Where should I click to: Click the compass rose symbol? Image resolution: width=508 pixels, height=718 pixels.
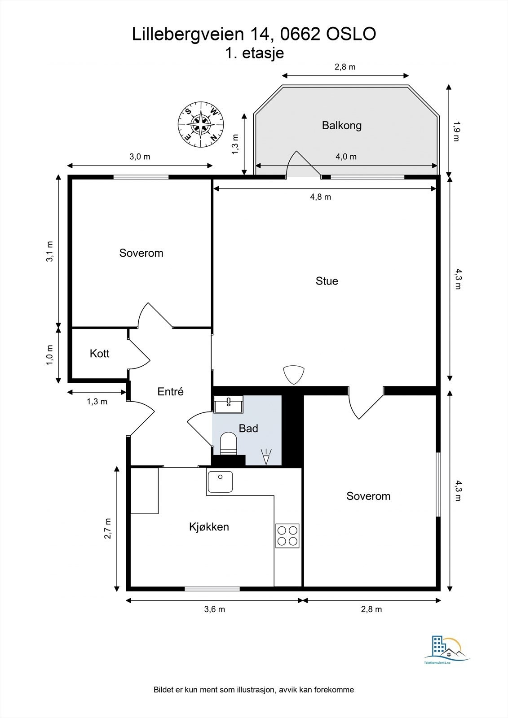201,124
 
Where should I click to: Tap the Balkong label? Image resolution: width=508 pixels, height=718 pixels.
341,125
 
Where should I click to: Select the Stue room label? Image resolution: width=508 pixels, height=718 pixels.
327,281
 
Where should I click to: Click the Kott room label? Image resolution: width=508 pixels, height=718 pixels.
99,354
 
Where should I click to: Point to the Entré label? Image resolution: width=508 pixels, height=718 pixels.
170,391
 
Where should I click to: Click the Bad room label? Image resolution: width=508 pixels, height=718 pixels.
248,428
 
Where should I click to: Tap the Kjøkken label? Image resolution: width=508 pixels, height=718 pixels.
209,527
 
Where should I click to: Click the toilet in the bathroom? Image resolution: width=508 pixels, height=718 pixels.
229,443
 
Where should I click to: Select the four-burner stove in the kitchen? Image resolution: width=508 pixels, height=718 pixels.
287,536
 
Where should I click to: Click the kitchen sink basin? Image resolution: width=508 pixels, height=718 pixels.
220,482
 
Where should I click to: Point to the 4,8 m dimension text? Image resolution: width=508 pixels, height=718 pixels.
320,197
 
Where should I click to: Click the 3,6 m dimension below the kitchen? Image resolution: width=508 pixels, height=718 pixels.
214,609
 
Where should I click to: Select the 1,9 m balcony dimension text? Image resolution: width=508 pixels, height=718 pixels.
457,131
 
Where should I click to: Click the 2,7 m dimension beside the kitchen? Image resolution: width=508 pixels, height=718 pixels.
108,528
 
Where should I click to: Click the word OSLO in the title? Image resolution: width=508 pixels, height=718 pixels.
351,34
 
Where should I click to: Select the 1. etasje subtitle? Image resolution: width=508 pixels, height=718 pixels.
255,53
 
